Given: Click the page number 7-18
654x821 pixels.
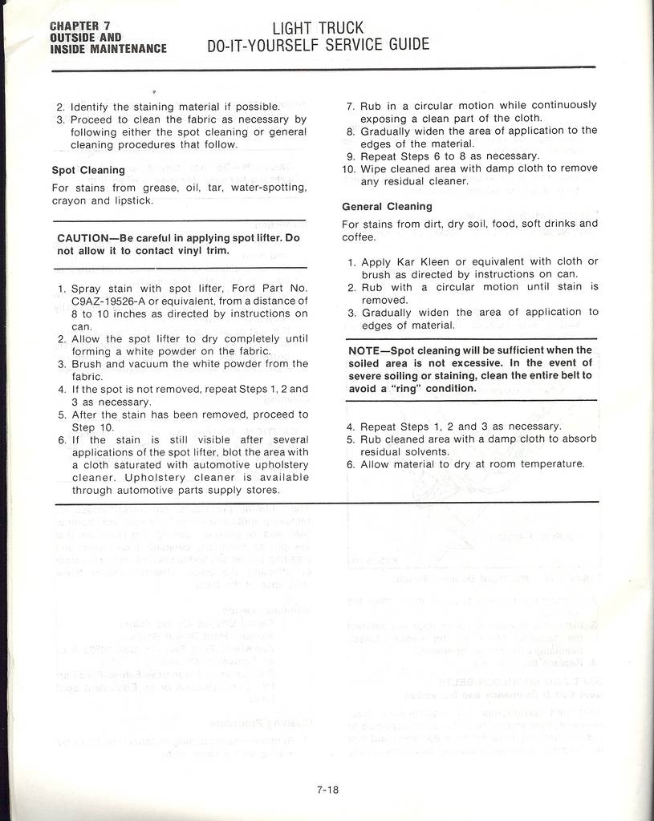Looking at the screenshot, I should pyautogui.click(x=327, y=790).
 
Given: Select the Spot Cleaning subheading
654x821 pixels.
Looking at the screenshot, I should pyautogui.click(x=88, y=170).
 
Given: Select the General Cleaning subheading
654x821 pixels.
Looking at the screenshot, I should pyautogui.click(x=387, y=206).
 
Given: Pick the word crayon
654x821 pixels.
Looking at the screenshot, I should pyautogui.click(x=70, y=200).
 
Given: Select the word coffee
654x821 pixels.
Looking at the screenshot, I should pyautogui.click(x=359, y=237).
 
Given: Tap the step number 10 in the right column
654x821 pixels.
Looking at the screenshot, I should pyautogui.click(x=348, y=168).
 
